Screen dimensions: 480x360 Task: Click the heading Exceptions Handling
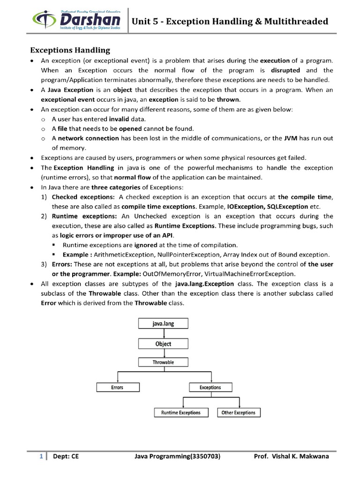click(70, 50)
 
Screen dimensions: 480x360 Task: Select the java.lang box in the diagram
click(164, 323)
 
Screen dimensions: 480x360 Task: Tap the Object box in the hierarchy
click(164, 344)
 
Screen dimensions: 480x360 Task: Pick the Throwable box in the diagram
click(164, 362)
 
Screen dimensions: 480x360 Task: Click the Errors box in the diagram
click(117, 387)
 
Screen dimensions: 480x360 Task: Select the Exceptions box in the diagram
click(210, 387)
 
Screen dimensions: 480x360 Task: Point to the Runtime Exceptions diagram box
click(181, 412)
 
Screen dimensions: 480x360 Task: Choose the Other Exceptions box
click(239, 412)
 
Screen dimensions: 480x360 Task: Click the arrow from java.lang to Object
click(164, 333)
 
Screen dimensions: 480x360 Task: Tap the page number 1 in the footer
click(41, 456)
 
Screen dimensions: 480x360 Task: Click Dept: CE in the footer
click(66, 456)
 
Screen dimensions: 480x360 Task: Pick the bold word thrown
click(228, 99)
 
